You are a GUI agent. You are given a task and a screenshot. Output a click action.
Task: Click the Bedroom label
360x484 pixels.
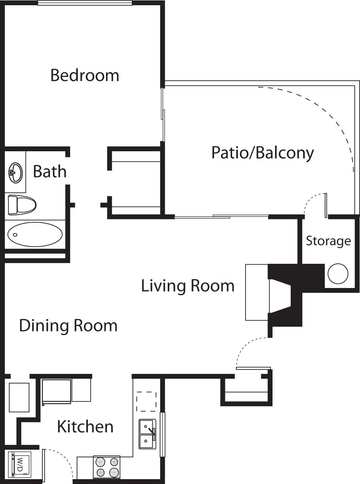tap(85, 75)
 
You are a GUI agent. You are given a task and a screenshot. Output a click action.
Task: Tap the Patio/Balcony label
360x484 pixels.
tap(262, 153)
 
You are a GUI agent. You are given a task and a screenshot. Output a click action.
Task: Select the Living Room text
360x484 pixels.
tap(187, 286)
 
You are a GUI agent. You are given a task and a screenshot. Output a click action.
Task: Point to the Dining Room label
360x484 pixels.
tap(68, 325)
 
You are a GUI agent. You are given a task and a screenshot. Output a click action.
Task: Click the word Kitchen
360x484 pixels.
tap(85, 426)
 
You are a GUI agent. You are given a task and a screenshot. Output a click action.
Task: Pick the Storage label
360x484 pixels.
tap(328, 241)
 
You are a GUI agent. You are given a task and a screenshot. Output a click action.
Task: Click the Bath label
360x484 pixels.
tap(49, 171)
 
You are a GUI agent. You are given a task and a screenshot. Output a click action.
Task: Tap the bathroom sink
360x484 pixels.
tap(15, 173)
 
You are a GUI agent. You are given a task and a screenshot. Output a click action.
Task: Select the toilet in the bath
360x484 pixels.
tap(22, 204)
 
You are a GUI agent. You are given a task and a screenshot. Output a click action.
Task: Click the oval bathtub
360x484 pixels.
tap(35, 234)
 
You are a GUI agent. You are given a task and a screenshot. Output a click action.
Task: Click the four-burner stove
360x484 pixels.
tap(106, 467)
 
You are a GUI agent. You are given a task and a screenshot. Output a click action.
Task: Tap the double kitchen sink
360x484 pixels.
tap(147, 434)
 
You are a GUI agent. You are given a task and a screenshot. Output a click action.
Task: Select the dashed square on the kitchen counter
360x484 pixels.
tap(146, 402)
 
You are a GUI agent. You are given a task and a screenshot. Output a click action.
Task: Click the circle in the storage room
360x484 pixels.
tap(337, 274)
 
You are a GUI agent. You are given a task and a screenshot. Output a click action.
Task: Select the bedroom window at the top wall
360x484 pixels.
tap(85, 2)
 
